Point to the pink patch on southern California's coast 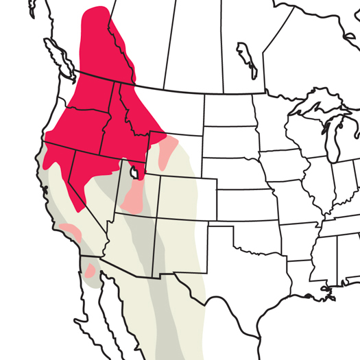(71, 232)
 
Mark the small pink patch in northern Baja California (90, 269)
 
